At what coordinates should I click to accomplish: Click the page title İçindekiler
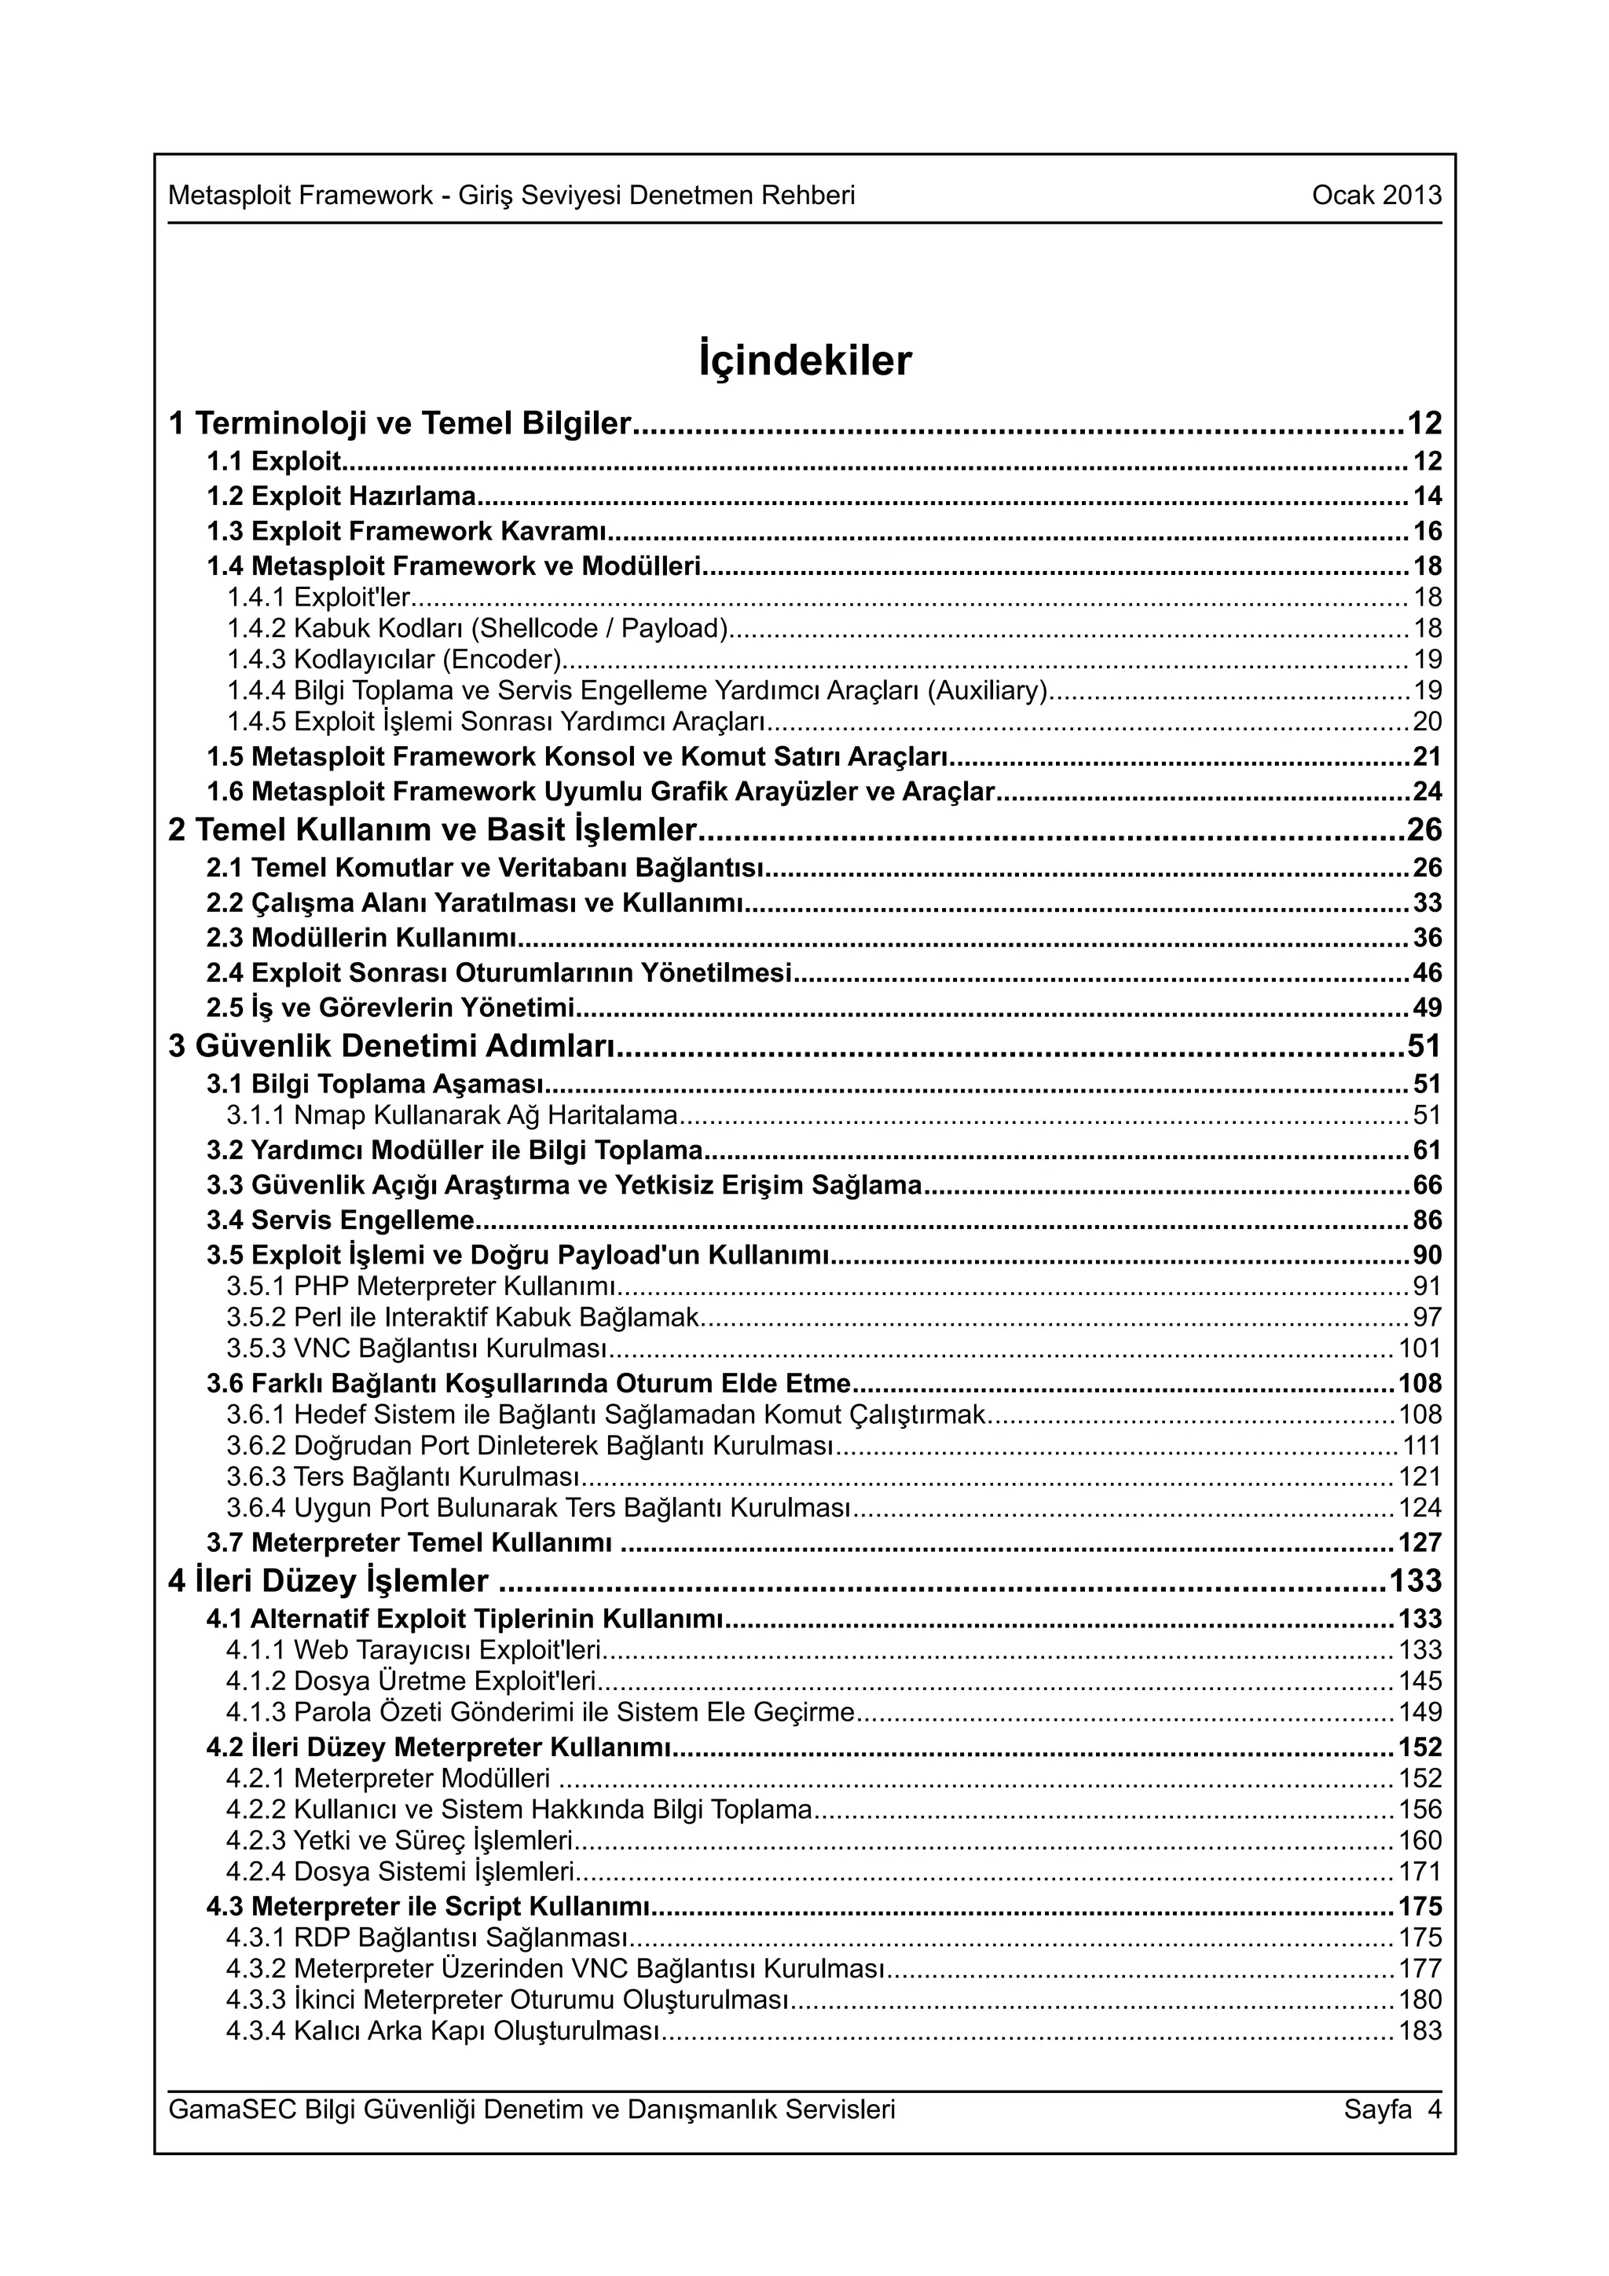coord(804,362)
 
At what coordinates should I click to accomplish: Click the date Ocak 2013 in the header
coord(1376,196)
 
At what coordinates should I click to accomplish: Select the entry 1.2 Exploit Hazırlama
coord(341,496)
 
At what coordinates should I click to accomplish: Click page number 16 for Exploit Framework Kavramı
coord(1427,532)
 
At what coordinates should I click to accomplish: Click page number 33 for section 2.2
coord(1427,903)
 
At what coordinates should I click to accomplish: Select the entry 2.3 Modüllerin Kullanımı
coord(363,938)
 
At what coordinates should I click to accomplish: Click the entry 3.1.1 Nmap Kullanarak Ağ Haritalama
coord(452,1115)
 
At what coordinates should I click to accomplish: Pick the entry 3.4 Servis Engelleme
coord(340,1220)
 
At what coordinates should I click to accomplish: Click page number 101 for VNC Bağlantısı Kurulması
coord(1420,1348)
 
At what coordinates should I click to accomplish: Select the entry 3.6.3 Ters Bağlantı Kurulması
coord(402,1477)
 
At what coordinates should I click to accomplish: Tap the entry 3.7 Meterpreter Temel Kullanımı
coord(409,1542)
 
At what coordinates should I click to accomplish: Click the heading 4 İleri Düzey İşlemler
coord(329,1580)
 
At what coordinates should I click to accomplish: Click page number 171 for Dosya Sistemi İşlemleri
coord(1420,1872)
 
